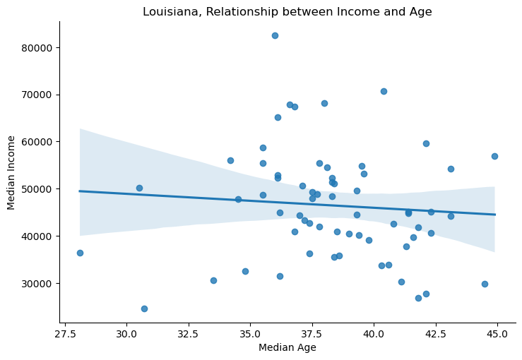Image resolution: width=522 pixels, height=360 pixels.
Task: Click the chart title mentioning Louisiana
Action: click(x=287, y=12)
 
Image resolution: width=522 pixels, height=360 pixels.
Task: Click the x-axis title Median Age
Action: click(x=287, y=347)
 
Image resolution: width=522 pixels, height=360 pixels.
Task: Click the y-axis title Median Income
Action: click(x=12, y=172)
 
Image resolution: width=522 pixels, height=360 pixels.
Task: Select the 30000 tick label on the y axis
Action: click(x=38, y=283)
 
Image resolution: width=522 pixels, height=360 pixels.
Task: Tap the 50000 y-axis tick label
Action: click(x=38, y=189)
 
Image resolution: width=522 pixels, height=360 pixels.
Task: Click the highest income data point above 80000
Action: click(x=275, y=35)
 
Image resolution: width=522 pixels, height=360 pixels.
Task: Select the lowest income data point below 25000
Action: click(x=144, y=308)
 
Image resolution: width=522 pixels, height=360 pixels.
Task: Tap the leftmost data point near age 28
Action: click(x=80, y=253)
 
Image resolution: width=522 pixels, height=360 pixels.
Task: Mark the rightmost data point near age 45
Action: click(x=494, y=156)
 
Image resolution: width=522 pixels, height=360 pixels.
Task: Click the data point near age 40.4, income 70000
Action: click(x=384, y=91)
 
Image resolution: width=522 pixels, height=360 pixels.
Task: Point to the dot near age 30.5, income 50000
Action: click(x=139, y=188)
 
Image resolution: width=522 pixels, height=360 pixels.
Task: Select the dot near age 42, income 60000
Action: click(x=426, y=143)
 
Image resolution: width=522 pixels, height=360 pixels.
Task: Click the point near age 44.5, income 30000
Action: click(x=485, y=284)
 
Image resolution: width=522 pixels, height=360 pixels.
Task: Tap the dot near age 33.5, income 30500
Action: click(x=213, y=280)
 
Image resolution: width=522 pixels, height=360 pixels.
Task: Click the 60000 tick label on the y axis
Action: click(x=38, y=142)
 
